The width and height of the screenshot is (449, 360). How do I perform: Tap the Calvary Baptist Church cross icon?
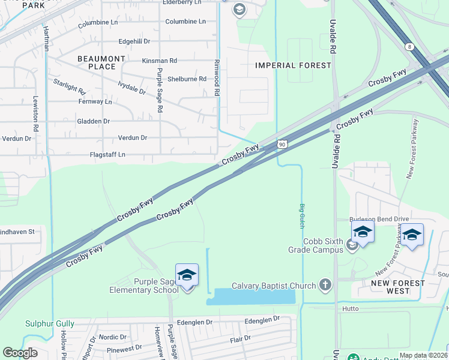point(325,285)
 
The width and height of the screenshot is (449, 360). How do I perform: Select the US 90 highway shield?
point(282,145)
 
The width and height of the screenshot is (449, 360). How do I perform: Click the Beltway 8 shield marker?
point(409,46)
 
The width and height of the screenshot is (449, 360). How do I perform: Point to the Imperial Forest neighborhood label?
point(293,65)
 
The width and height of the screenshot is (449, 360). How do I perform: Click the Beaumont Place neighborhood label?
point(101,62)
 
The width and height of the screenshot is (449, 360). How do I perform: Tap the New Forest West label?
point(398,287)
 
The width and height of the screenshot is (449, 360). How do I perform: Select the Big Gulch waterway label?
point(302,215)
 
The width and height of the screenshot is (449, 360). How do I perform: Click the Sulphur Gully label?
point(50,324)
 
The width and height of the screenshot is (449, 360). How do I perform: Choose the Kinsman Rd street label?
point(159,61)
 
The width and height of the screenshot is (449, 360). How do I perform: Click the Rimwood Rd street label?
point(217,78)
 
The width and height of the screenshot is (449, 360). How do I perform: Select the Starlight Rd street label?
point(69,86)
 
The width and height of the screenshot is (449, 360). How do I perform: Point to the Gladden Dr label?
point(94,121)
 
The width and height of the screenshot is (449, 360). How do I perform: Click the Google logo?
point(20,353)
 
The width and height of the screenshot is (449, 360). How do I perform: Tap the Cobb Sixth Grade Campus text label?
point(322,245)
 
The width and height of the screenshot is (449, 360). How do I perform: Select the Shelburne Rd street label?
point(187,79)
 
